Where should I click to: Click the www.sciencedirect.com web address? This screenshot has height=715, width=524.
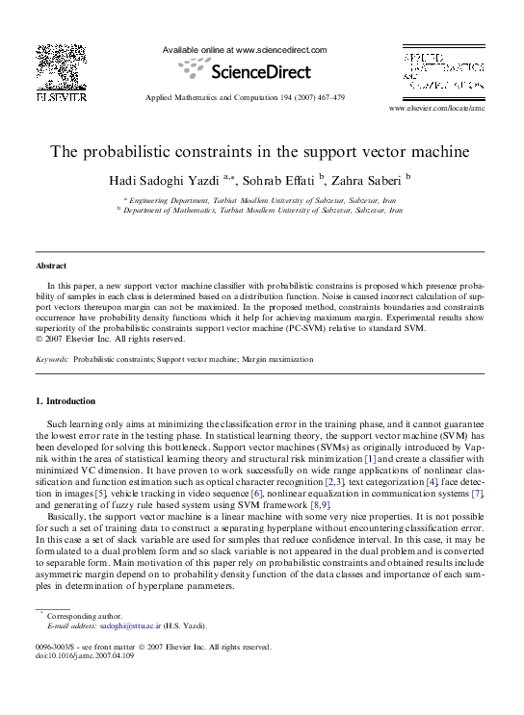coord(281,50)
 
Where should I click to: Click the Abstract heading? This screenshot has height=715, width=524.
coord(51,265)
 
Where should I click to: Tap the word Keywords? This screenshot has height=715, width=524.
coord(51,359)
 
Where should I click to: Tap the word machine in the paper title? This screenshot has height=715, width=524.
coord(434,152)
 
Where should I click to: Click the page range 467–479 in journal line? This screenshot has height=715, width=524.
coord(327,98)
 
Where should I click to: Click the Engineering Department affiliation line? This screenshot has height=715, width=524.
coord(262,199)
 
